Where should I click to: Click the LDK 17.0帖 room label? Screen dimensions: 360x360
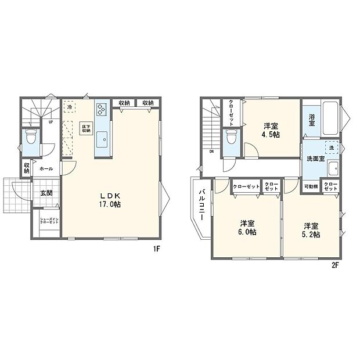[x=113, y=200]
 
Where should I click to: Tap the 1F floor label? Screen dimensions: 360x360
[x=156, y=249]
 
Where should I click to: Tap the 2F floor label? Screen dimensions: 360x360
[x=335, y=265]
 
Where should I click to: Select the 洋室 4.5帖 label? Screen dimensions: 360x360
[x=271, y=130]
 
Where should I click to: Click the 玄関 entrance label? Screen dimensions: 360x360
[x=46, y=193]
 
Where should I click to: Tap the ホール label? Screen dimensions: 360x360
[x=46, y=169]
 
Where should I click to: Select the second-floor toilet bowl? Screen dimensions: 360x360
[x=231, y=139]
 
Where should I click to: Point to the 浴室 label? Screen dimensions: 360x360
[x=312, y=120]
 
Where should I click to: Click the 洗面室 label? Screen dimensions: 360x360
[x=314, y=158]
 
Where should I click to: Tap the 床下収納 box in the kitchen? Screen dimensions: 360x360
[x=85, y=129]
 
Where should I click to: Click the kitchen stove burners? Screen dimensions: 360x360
[x=102, y=109]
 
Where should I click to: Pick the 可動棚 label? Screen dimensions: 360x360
[x=311, y=187]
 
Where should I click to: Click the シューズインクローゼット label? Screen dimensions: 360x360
[x=49, y=221]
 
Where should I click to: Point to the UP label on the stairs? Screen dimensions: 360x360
[x=51, y=123]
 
